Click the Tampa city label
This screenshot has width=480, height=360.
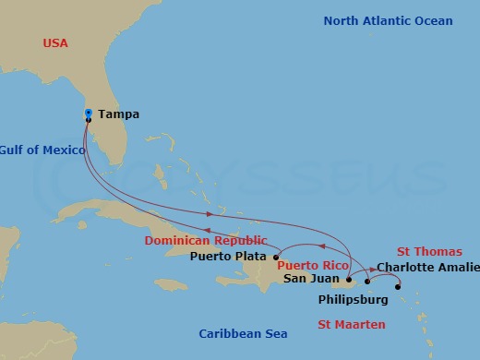click(x=118, y=114)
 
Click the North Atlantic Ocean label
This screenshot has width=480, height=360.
click(x=388, y=21)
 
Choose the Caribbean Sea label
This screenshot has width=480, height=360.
click(x=244, y=333)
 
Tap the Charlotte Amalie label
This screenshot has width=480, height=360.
click(x=428, y=268)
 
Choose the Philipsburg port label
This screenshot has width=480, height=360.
click(x=353, y=300)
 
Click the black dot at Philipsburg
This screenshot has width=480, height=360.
click(x=398, y=287)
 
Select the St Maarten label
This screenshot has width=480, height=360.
click(x=352, y=324)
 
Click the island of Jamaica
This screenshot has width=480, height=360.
click(x=172, y=284)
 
